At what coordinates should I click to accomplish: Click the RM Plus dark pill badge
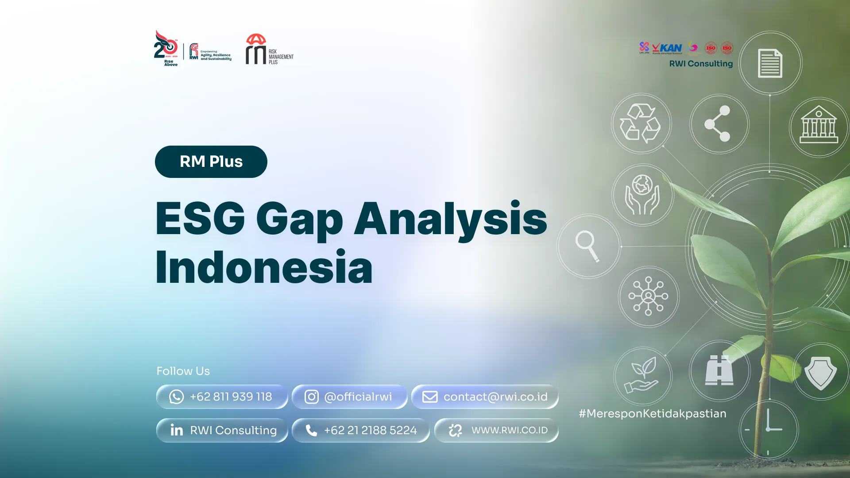(x=211, y=162)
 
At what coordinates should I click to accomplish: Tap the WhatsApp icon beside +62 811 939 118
(x=176, y=397)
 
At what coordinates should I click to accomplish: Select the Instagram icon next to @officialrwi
(x=311, y=397)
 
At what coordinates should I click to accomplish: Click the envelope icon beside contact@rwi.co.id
(x=429, y=397)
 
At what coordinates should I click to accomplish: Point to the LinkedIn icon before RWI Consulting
(x=177, y=430)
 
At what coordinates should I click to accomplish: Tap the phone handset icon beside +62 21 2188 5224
(x=311, y=430)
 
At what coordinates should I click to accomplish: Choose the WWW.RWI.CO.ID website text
(x=509, y=430)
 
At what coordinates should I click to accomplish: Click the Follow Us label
(x=183, y=371)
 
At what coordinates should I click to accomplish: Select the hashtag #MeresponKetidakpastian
(x=652, y=413)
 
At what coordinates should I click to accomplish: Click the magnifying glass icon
(x=587, y=246)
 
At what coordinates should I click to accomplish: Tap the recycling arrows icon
(x=640, y=123)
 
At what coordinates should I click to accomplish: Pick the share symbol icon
(x=718, y=123)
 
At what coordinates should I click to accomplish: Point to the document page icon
(x=770, y=63)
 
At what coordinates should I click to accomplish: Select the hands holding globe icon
(x=642, y=194)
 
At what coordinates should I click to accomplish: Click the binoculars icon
(x=719, y=370)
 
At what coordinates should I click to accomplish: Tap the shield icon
(x=820, y=372)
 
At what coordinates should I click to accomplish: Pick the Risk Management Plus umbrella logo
(x=269, y=49)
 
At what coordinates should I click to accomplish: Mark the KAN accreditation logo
(x=667, y=48)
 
